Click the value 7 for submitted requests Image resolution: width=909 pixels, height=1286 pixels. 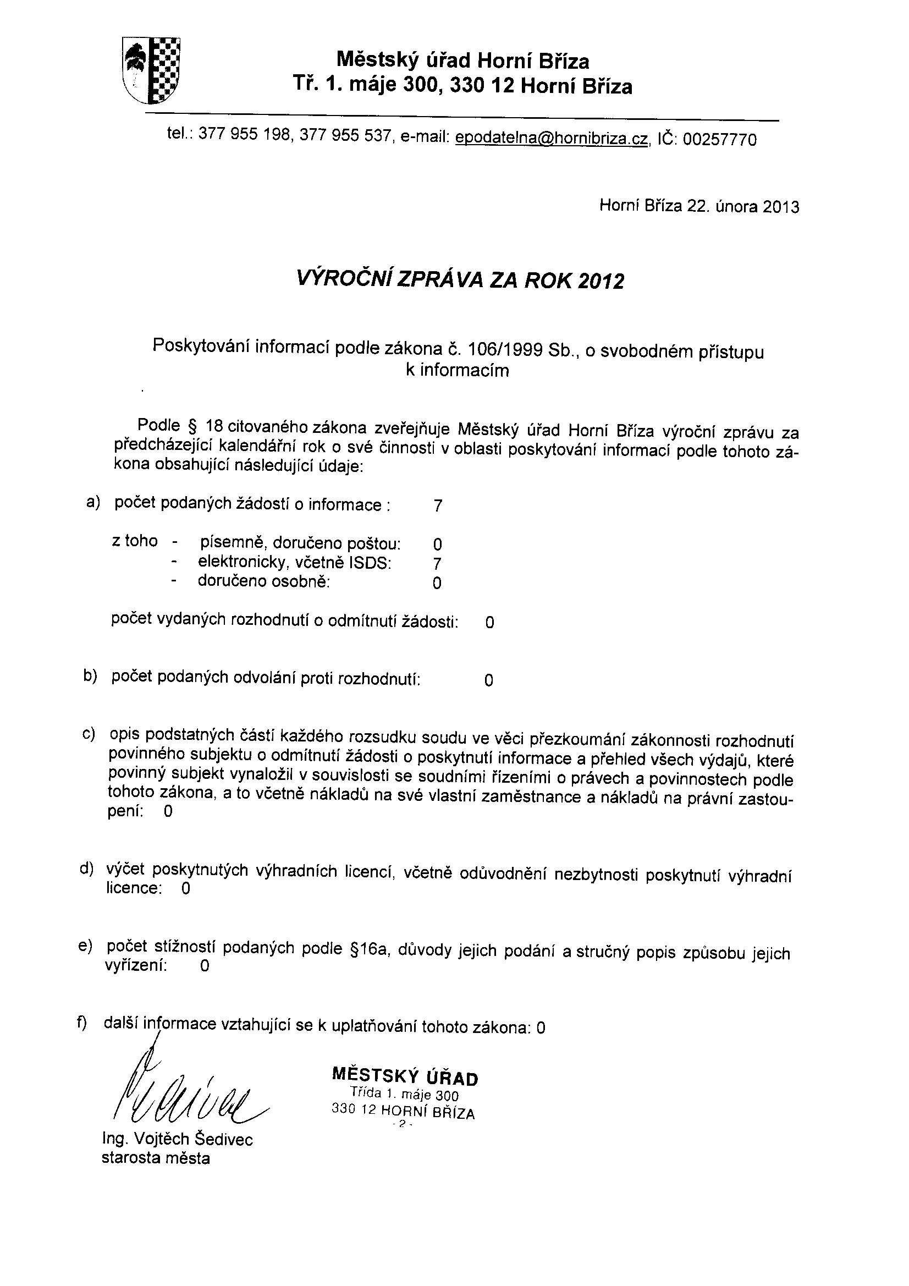click(x=437, y=507)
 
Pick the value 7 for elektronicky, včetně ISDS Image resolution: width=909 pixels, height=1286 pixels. click(x=437, y=563)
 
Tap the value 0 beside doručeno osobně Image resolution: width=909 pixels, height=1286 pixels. click(x=437, y=583)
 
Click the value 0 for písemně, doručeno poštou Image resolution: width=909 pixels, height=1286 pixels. click(x=437, y=544)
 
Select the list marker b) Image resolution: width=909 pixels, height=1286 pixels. click(x=90, y=676)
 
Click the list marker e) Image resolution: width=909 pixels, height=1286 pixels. click(x=86, y=946)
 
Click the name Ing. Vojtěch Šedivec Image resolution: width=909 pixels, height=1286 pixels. click(x=178, y=1139)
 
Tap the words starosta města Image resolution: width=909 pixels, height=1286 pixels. click(x=156, y=1158)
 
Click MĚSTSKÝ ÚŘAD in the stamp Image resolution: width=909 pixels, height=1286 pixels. click(x=405, y=1076)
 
